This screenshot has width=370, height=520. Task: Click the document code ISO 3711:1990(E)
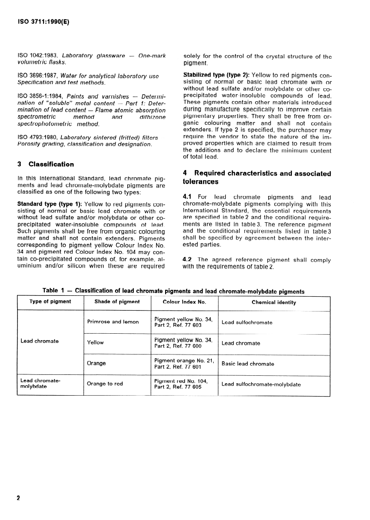click(43, 21)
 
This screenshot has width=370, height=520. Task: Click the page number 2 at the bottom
click(18, 498)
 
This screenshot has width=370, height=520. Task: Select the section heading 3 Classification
click(45, 164)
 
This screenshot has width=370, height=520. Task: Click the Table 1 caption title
click(173, 291)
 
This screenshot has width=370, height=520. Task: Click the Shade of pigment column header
click(117, 302)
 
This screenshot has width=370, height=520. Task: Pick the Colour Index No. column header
click(184, 302)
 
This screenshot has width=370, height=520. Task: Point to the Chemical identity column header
click(274, 302)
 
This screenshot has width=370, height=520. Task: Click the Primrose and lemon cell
click(113, 322)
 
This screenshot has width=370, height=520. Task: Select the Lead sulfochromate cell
click(247, 322)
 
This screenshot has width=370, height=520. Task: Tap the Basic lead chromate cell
click(248, 364)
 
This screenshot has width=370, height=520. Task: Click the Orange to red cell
click(105, 384)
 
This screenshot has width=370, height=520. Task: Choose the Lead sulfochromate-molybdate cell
click(261, 384)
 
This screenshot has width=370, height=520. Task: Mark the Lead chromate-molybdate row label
click(41, 383)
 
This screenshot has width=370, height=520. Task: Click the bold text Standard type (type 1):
click(49, 203)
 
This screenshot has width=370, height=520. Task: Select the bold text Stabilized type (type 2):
click(216, 75)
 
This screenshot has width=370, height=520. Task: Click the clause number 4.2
click(188, 259)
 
